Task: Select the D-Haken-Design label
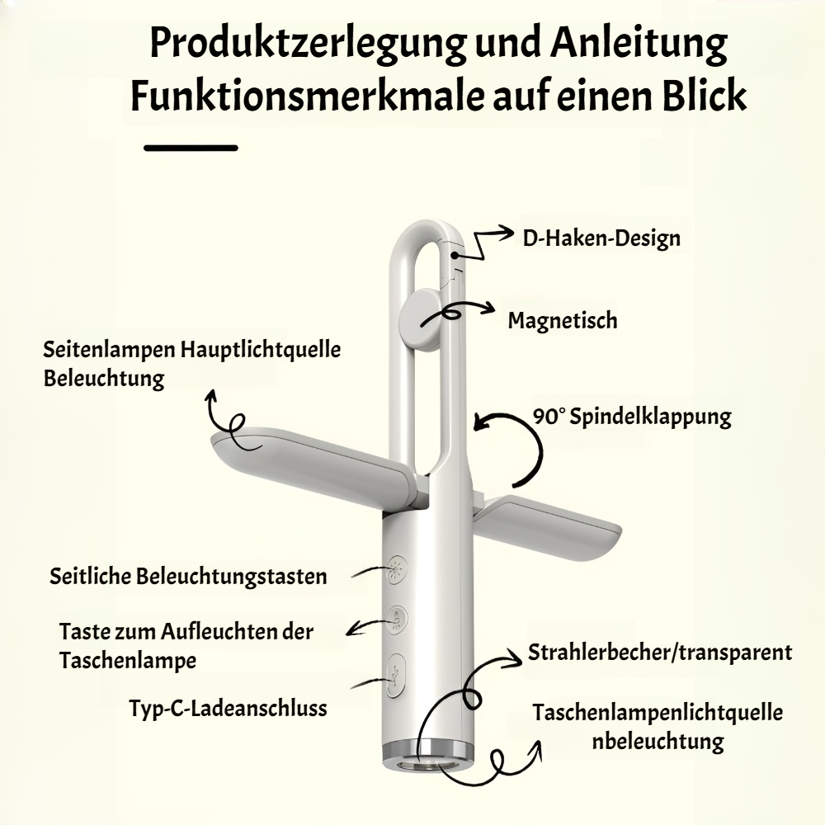[x=601, y=238]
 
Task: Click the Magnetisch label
[x=563, y=320]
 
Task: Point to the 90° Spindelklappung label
[x=632, y=417]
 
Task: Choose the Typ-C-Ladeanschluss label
[x=228, y=708]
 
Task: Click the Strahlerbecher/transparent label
[x=660, y=653]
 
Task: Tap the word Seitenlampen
[x=109, y=350]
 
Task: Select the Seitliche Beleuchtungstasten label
[x=188, y=577]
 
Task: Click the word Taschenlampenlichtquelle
[x=658, y=713]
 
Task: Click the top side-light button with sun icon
[x=396, y=570]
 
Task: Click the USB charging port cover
[x=396, y=676]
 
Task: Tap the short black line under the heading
[x=191, y=148]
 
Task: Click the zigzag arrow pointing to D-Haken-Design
[x=482, y=243]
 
